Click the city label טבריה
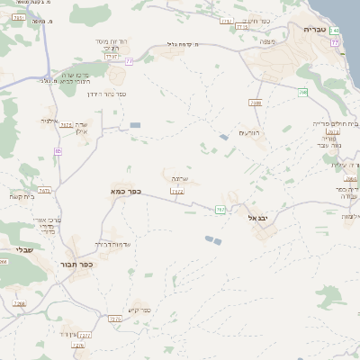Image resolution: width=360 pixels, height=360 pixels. click(317, 30)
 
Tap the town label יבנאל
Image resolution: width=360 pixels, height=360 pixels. click(258, 217)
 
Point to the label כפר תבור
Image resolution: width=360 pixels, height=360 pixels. click(81, 265)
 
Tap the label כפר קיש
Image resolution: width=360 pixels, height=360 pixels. click(140, 311)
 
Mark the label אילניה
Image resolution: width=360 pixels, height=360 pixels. click(49, 121)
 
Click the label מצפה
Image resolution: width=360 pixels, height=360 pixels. click(265, 40)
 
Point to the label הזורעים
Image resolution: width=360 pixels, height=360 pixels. click(249, 133)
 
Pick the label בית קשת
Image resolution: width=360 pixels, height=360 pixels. click(22, 197)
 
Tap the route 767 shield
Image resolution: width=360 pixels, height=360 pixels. click(220, 210)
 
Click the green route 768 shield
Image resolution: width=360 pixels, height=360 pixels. click(303, 92)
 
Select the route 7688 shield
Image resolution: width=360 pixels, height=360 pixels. click(256, 103)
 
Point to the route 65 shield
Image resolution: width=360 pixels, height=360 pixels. click(58, 151)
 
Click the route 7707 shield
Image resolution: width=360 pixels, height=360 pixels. click(112, 57)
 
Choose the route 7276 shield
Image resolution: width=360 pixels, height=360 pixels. click(114, 319)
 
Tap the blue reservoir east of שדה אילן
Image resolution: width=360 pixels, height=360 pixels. click(135, 125)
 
